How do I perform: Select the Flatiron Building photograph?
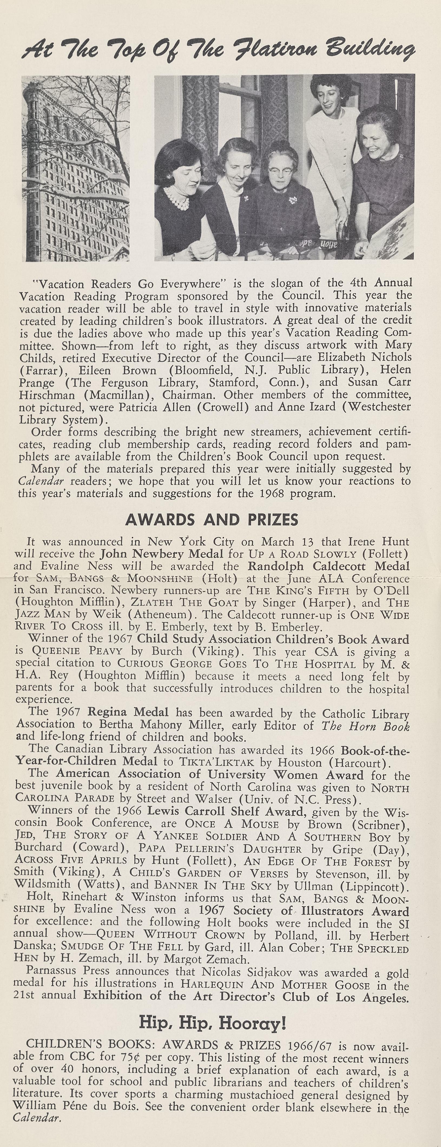tap(76, 168)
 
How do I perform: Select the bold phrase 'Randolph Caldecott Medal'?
tap(328, 566)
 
